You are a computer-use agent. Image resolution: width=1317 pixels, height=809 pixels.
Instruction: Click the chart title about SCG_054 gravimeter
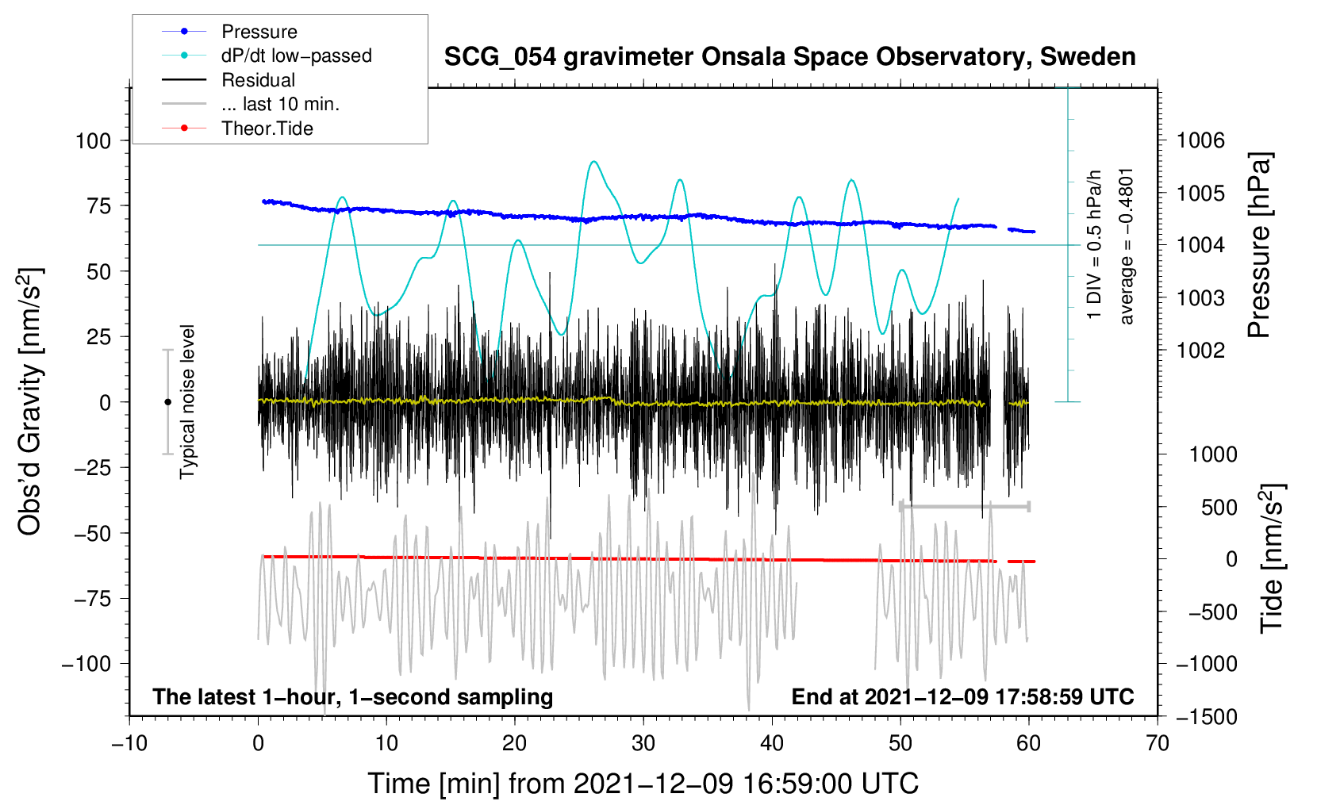pyautogui.click(x=789, y=57)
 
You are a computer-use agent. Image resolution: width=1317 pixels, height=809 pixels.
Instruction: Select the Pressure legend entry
pyautogui.click(x=259, y=32)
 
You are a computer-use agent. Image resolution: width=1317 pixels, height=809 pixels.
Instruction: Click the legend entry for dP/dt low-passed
pyautogui.click(x=296, y=56)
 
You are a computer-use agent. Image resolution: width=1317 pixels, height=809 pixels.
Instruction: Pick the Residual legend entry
pyautogui.click(x=258, y=80)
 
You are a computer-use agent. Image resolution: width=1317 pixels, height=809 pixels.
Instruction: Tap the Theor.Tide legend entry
pyautogui.click(x=267, y=128)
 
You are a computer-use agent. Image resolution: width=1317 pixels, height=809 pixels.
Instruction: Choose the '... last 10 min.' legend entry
pyautogui.click(x=280, y=104)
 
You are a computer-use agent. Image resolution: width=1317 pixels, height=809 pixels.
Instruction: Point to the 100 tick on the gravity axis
pyautogui.click(x=93, y=141)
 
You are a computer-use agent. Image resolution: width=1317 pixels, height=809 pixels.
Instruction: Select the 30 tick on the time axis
pyautogui.click(x=643, y=743)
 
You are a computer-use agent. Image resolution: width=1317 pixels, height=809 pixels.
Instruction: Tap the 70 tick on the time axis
pyautogui.click(x=1158, y=743)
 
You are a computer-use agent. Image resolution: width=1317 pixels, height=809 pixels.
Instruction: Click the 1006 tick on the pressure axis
pyautogui.click(x=1200, y=141)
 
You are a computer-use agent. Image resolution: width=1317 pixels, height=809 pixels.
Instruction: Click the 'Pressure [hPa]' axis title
pyautogui.click(x=1259, y=246)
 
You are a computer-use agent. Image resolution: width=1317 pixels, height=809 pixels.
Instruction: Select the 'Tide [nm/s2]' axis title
pyautogui.click(x=1272, y=558)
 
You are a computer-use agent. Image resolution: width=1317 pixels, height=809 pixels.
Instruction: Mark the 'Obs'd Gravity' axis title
pyautogui.click(x=30, y=402)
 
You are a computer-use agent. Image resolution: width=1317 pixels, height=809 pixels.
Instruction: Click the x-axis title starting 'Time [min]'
pyautogui.click(x=643, y=784)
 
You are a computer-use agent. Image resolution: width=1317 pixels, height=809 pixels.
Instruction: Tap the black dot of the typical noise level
pyautogui.click(x=167, y=402)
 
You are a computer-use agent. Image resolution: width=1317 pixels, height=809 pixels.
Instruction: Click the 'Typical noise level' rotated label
pyautogui.click(x=187, y=401)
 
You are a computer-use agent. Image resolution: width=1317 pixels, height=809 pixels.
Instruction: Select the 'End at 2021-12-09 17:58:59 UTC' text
pyautogui.click(x=962, y=697)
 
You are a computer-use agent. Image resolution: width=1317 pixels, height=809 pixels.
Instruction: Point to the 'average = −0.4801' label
pyautogui.click(x=1127, y=246)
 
